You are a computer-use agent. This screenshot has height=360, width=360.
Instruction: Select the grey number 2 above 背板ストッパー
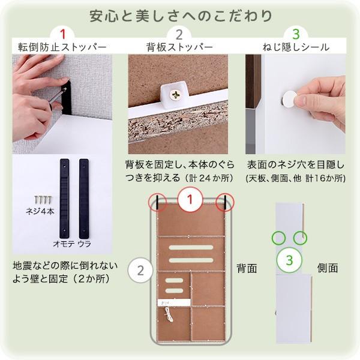tap(179, 34)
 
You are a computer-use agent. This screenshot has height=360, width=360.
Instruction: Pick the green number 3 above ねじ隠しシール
tap(295, 34)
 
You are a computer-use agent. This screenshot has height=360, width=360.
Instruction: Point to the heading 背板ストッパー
tap(179, 47)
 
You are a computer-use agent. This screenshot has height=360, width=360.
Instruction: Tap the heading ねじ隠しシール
tap(295, 47)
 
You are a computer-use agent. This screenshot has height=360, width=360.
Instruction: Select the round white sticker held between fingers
tap(289, 100)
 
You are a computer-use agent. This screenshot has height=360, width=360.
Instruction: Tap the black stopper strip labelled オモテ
tap(64, 197)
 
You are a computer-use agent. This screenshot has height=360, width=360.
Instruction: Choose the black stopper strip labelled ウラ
tap(83, 197)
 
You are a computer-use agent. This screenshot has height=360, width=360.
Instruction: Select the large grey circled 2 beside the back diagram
tap(140, 269)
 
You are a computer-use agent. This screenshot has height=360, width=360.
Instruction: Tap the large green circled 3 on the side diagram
tap(289, 260)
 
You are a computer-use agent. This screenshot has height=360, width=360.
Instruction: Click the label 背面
tap(246, 268)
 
